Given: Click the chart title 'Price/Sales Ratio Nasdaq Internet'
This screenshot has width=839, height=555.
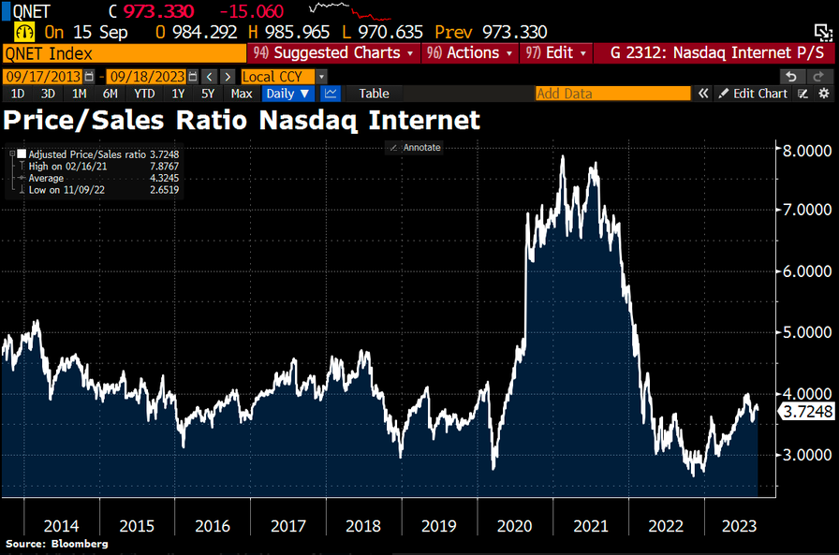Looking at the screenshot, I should [242, 119].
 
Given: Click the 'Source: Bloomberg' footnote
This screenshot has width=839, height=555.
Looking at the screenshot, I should [56, 544].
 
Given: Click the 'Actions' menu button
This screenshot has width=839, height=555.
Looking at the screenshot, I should [470, 53].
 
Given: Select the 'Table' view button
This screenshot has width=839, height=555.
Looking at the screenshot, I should [375, 94].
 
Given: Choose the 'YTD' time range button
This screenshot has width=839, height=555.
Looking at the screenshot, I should [144, 94].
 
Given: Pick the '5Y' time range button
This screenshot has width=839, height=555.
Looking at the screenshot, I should [208, 94].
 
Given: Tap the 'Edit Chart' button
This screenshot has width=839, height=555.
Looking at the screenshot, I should [753, 94].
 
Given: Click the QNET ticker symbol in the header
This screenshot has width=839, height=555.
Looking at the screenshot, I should [33, 12].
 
